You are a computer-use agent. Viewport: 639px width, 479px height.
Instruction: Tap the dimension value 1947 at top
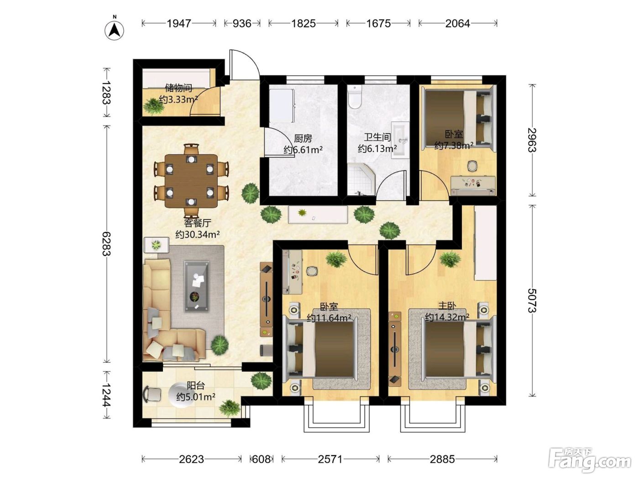pos(179,23)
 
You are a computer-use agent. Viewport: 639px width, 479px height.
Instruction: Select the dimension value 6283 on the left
pos(106,244)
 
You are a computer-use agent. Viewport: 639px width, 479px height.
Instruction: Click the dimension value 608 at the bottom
pos(262,459)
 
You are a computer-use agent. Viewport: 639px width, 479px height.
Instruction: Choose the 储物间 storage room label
pos(178,88)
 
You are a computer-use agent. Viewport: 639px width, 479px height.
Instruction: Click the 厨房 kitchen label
pos(303,138)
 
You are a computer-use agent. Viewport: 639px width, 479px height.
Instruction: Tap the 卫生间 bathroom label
pos(377,137)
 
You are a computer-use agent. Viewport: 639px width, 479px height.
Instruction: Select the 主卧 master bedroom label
pos(447,306)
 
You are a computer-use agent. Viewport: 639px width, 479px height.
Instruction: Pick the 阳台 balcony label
pos(196,385)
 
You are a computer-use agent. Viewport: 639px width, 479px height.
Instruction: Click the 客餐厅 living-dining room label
pos(197,223)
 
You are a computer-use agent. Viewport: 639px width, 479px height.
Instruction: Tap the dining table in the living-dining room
pos(191,181)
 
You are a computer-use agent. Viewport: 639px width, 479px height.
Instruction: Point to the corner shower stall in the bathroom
pos(361,179)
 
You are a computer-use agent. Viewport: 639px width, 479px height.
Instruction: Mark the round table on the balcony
pos(181,395)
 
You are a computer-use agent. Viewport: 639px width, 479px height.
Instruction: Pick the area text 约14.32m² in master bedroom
pos(447,317)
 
